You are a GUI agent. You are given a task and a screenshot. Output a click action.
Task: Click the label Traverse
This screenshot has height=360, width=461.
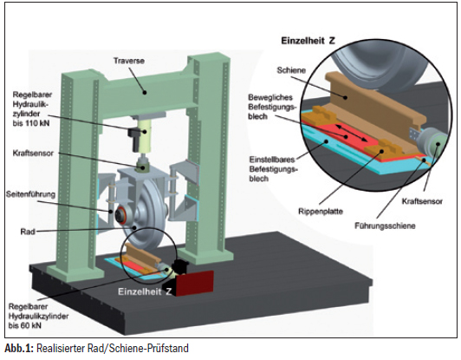[129, 61]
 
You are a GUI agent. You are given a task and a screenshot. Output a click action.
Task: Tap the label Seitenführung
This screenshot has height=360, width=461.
[31, 194]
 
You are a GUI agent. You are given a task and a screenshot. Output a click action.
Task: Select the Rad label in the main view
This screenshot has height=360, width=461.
[28, 232]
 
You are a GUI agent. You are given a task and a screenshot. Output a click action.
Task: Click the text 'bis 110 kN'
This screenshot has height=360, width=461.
[31, 123]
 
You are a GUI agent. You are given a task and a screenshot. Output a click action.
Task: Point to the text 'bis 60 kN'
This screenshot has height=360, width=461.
[25, 325]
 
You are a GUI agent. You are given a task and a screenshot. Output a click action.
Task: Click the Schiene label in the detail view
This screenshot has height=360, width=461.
[291, 70]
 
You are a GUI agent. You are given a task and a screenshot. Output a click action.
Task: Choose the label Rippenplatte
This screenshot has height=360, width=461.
[321, 212]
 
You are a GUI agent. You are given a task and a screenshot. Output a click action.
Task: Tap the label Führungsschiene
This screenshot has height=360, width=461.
[385, 226]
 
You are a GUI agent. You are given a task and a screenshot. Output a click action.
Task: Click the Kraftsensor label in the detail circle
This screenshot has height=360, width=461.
[422, 201]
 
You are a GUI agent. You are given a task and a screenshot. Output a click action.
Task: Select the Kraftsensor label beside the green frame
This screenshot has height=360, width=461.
[33, 153]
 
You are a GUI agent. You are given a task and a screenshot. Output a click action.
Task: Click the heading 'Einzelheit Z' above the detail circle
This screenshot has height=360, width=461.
[308, 41]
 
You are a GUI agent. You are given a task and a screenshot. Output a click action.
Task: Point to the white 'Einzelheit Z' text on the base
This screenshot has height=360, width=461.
[145, 291]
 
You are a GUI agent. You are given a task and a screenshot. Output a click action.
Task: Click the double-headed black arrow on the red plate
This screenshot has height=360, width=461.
[351, 134]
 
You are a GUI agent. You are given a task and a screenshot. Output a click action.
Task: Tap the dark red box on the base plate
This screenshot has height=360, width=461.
[194, 282]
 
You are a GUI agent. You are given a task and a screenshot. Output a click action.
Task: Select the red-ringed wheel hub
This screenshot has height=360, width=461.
[120, 215]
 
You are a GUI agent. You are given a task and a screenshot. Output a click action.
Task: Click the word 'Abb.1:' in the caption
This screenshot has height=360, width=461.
[19, 348]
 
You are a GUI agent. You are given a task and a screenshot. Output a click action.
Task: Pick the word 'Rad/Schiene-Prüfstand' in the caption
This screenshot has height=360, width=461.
[138, 348]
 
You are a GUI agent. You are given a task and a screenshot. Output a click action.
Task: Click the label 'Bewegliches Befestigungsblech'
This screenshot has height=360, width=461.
[270, 107]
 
